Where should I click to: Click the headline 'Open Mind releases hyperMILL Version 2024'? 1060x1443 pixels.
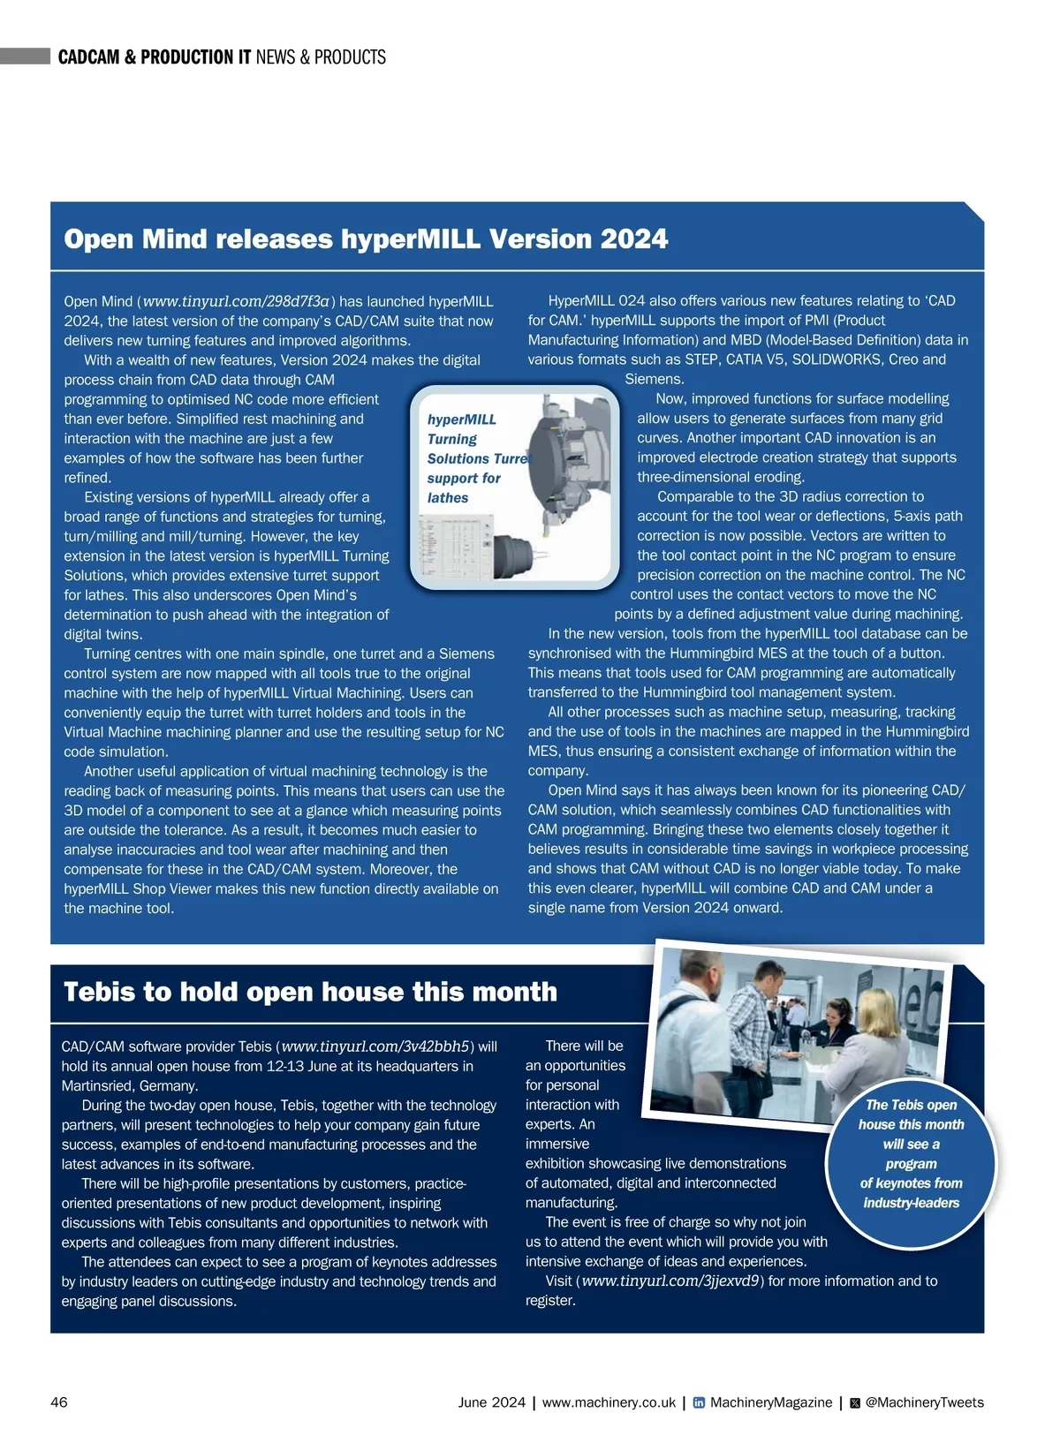[366, 239]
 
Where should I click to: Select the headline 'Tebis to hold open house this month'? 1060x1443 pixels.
[310, 992]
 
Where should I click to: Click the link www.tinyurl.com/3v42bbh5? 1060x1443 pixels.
[375, 1046]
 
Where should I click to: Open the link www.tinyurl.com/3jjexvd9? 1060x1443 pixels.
[670, 1281]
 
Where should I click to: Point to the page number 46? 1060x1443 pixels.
[59, 1402]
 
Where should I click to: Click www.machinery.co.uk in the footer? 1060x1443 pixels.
[609, 1402]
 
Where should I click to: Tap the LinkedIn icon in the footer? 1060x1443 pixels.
[699, 1402]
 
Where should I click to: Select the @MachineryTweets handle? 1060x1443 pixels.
[924, 1402]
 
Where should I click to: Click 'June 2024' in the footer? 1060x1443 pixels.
[491, 1402]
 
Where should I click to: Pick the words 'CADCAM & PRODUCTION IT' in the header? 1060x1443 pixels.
[155, 57]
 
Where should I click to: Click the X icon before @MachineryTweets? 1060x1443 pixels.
[855, 1403]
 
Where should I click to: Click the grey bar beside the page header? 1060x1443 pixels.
[25, 57]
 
